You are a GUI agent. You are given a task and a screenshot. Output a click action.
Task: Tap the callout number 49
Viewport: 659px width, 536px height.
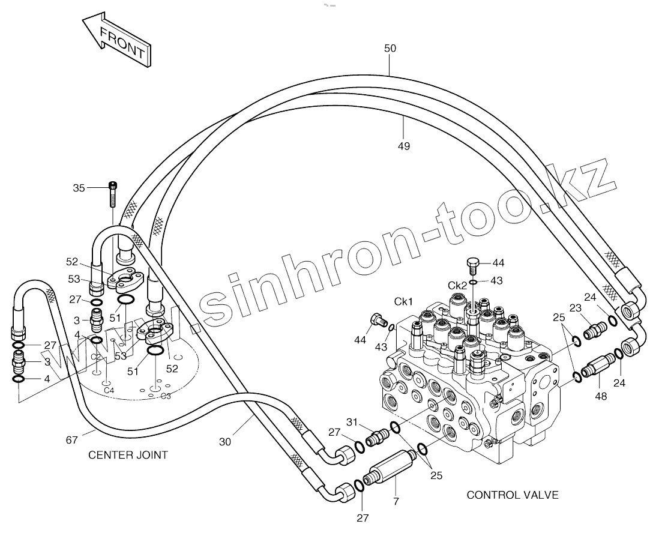click(404, 146)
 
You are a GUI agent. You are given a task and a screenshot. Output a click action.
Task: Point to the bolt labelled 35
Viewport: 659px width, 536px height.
click(112, 193)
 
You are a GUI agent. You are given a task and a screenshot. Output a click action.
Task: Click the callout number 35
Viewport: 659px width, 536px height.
click(79, 188)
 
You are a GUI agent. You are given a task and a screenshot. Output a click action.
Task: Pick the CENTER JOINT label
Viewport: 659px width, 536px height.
click(128, 455)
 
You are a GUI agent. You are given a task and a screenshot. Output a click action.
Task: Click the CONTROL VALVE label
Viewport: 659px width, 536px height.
click(513, 495)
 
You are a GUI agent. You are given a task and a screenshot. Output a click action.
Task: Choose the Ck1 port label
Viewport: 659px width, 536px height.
click(403, 301)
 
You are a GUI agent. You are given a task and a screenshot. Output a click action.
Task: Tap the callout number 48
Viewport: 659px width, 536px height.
click(601, 396)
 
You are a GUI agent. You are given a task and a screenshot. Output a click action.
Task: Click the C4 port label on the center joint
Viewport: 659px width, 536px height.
click(109, 391)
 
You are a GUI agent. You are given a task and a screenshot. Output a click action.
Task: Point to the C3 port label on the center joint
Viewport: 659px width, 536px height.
click(166, 396)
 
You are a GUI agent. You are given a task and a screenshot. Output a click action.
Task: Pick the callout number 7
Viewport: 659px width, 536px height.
click(395, 501)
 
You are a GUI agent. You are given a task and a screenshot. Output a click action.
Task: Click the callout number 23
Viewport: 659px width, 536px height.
click(576, 308)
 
